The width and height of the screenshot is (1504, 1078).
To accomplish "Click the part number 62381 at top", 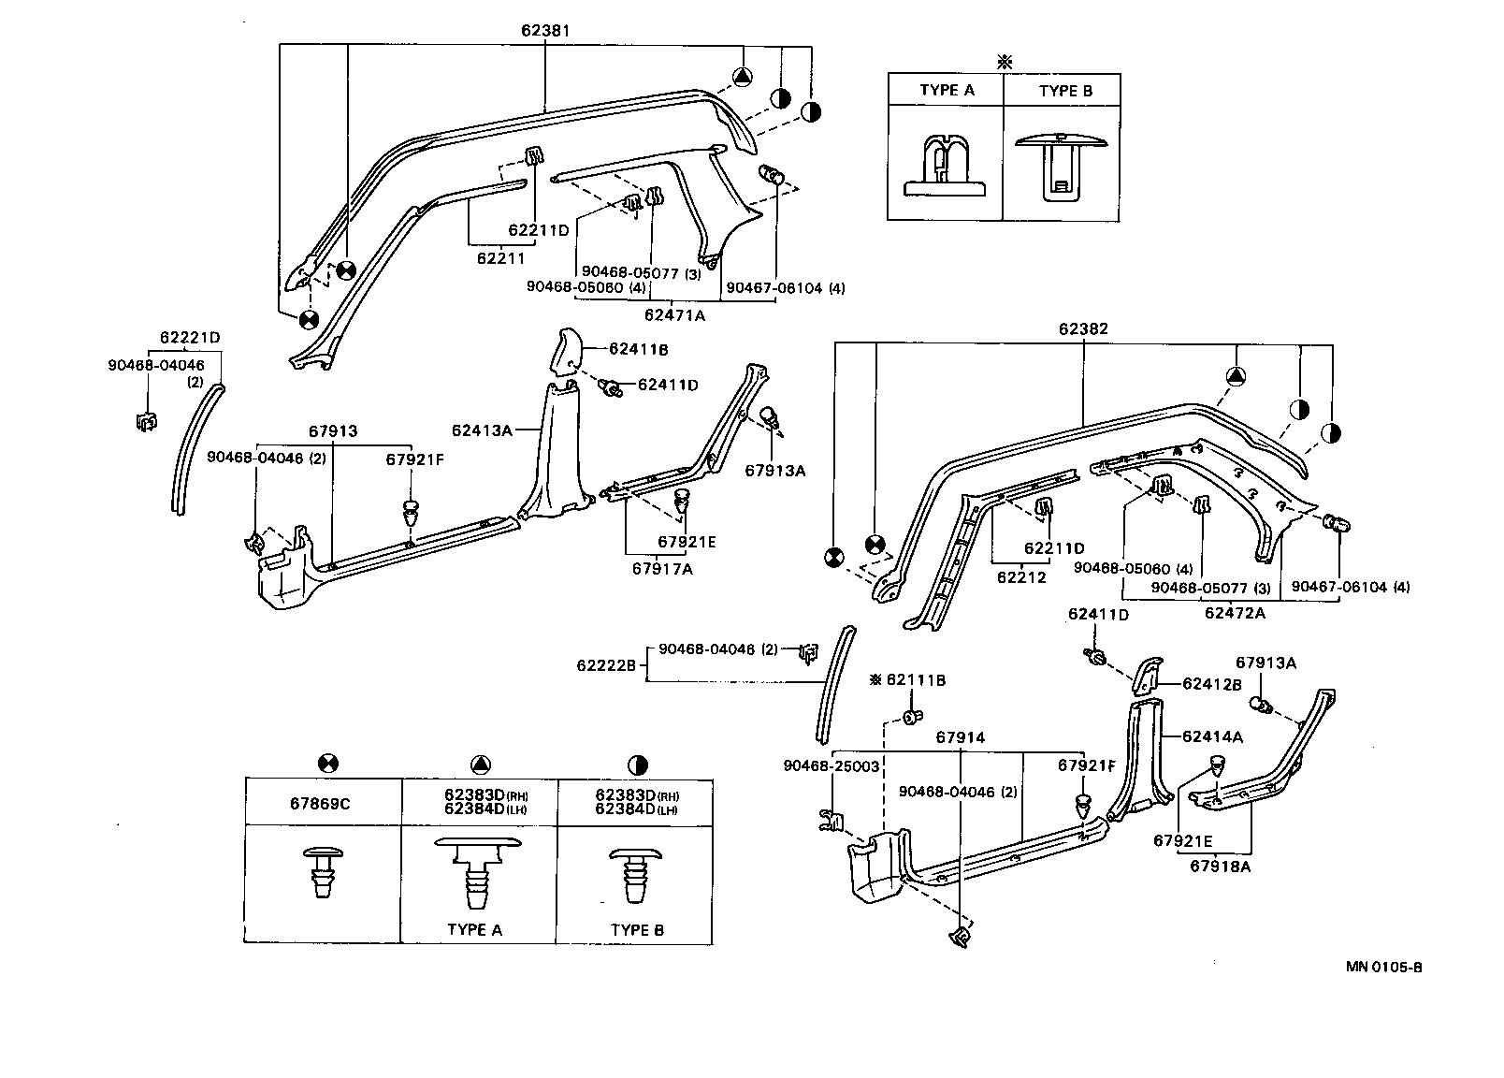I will (x=545, y=31).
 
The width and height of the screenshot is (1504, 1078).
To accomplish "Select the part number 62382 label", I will (x=1083, y=329).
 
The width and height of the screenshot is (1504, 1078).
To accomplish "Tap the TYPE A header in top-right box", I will (x=947, y=91).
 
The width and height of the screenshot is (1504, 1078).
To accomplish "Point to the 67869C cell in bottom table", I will (x=323, y=803).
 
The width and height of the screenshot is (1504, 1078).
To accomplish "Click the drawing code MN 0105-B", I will (x=1383, y=968).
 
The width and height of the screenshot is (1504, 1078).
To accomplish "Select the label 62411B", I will (x=637, y=348).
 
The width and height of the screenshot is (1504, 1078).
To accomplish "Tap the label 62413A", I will (x=481, y=430).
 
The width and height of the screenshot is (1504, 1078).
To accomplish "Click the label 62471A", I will (x=674, y=315).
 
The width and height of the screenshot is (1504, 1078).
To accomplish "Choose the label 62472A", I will (x=1234, y=613).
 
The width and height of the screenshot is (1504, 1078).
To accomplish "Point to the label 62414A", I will (x=1212, y=736).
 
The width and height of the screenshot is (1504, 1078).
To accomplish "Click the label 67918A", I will (x=1220, y=866).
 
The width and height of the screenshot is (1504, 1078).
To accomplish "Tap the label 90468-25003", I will (x=831, y=765).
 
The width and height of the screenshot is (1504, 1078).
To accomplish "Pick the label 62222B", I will (x=607, y=664).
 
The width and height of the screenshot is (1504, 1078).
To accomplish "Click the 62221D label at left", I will (x=190, y=337).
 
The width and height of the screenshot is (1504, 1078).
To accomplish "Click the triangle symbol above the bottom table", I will (x=479, y=765).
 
